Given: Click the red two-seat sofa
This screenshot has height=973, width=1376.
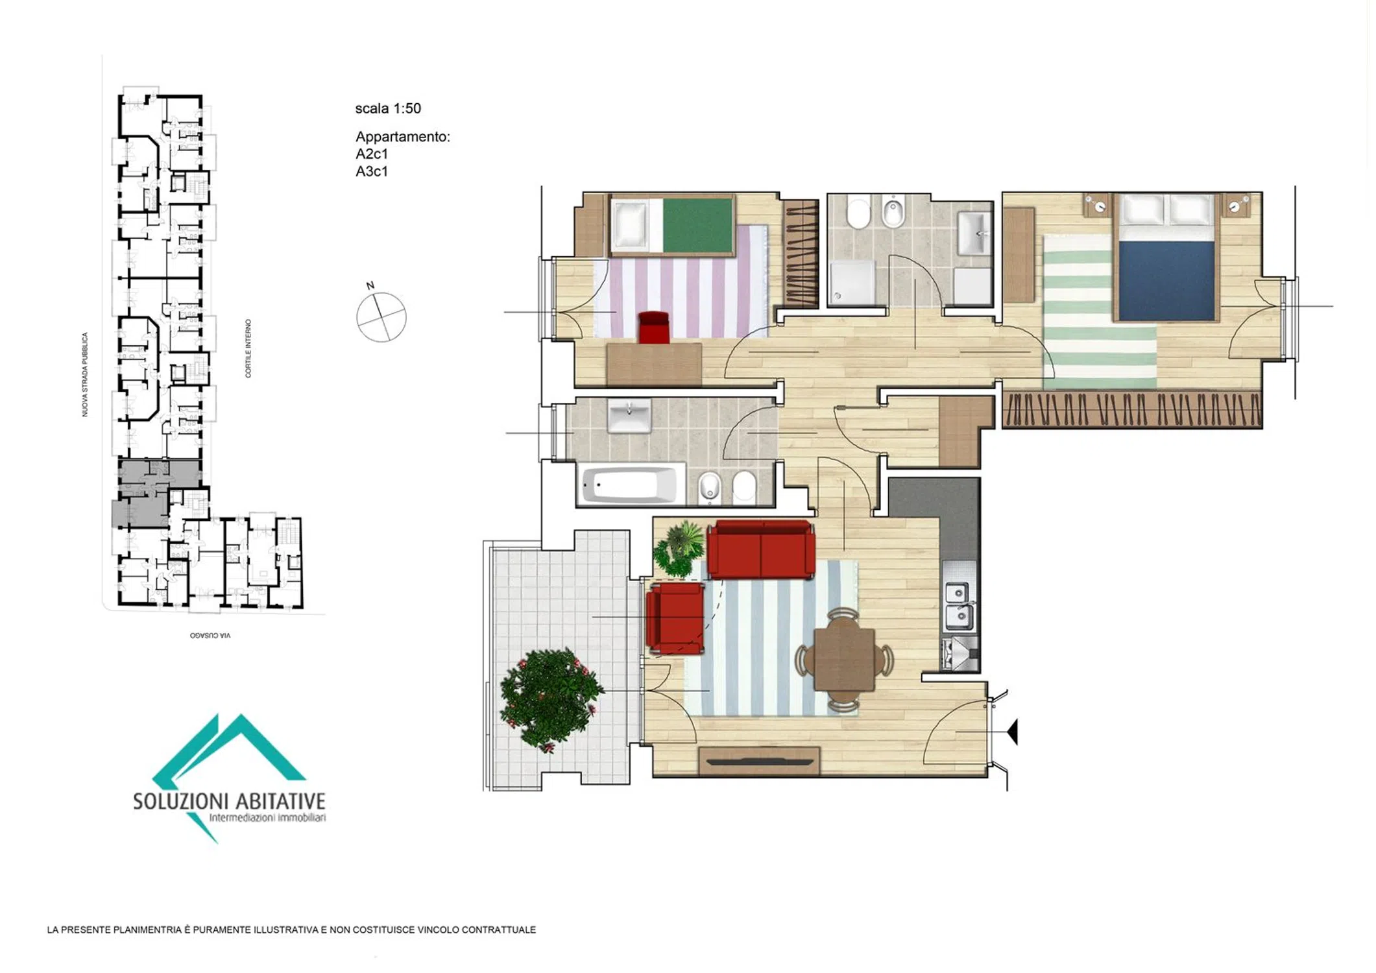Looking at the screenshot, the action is (760, 550).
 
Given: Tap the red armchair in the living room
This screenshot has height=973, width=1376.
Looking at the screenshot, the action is (675, 618).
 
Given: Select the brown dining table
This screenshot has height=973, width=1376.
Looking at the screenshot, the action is (844, 660).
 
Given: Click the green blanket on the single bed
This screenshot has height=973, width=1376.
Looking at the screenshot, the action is (697, 224).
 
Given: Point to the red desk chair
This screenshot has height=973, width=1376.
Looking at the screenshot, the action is (654, 328).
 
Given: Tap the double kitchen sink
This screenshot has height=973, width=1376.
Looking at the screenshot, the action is (959, 607).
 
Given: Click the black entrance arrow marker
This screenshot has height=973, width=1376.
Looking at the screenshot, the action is (1013, 732).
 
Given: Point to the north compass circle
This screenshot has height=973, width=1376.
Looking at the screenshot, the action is (381, 317).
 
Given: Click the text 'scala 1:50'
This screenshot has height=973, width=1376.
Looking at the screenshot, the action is (388, 108).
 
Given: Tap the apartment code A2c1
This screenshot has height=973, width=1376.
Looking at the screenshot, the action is (372, 154).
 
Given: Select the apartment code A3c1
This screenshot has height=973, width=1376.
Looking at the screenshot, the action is (372, 171).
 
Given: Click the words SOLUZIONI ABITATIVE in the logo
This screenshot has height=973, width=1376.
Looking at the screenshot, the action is (229, 802).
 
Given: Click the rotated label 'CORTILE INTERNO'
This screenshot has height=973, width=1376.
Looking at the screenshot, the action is (248, 348).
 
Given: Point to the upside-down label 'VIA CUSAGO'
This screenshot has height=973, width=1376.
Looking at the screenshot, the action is (210, 636).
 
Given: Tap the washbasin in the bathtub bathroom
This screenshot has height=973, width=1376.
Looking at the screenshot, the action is (629, 416).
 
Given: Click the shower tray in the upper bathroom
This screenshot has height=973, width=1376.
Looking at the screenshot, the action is (852, 282).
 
